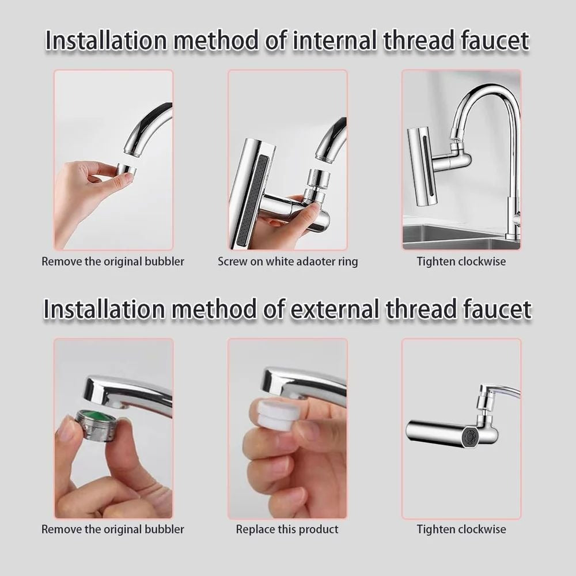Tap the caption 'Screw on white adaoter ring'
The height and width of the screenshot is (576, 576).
[287, 262]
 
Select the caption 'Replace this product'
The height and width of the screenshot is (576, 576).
[287, 529]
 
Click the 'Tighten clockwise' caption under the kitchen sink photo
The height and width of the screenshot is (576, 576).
[461, 262]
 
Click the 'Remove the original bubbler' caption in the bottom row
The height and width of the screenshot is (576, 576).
[113, 529]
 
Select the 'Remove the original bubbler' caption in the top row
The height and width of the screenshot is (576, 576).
[113, 262]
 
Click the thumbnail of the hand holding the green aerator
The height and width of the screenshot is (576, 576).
[113, 429]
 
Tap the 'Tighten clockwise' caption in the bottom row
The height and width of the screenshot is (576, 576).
[461, 529]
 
